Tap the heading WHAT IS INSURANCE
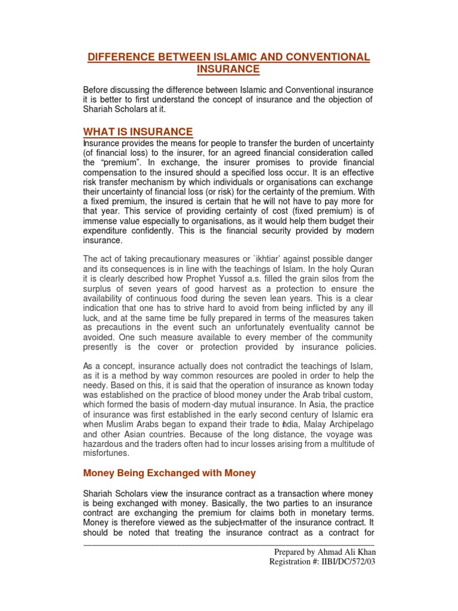(x=138, y=132)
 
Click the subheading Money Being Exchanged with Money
(x=169, y=473)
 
